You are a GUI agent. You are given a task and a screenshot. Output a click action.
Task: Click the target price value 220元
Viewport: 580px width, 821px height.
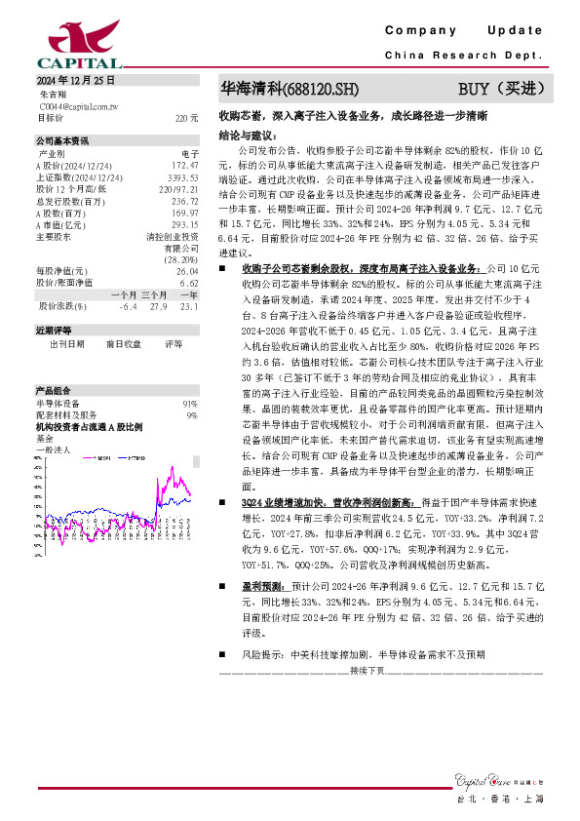click(186, 118)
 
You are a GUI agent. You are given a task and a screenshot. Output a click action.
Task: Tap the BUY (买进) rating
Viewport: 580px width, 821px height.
click(500, 90)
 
